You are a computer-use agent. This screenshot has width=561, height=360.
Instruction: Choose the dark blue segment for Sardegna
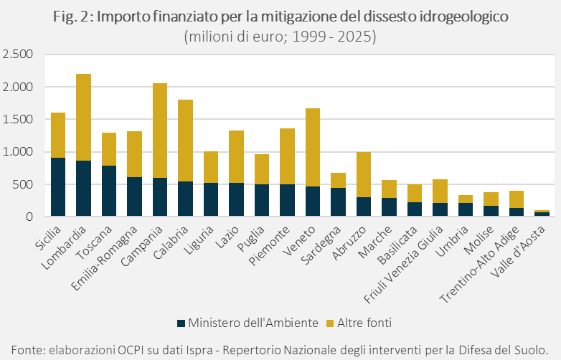pos(339,202)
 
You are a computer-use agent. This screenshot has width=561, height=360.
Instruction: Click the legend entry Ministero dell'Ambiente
pos(248,323)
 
